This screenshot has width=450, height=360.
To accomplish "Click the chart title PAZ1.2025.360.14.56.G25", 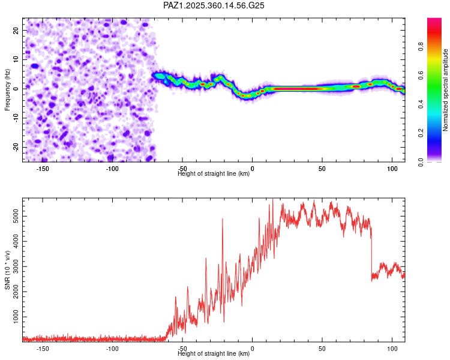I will [214, 5].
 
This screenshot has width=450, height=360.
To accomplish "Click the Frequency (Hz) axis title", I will [7, 89].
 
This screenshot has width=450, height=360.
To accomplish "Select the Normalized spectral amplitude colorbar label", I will [445, 89].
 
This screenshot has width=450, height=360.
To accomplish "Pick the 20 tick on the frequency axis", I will [15, 30].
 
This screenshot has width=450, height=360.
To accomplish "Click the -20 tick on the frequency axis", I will [15, 147].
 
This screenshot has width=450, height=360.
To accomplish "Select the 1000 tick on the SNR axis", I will [12, 316].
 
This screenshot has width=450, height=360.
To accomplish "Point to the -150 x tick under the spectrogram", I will [43, 168].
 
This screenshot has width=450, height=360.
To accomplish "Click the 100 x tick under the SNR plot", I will [392, 348].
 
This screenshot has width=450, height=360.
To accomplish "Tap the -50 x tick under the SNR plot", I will [182, 348].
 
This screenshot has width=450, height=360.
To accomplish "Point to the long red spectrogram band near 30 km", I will [294, 89].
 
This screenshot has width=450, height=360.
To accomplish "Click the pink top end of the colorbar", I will [434, 21].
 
